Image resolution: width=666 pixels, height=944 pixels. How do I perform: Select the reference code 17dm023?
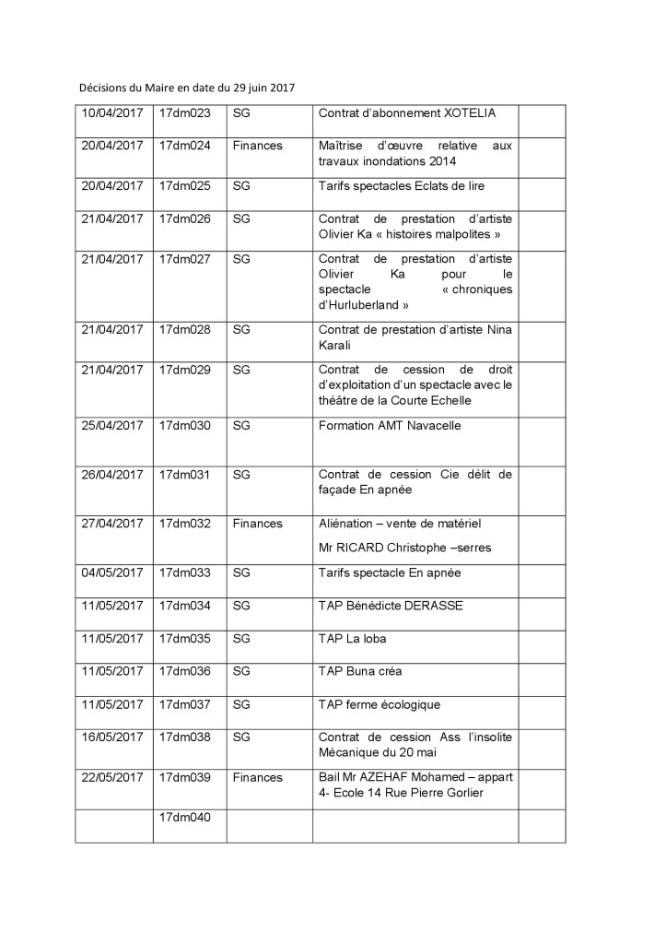tap(185, 113)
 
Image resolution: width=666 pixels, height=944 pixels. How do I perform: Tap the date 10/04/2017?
tap(113, 113)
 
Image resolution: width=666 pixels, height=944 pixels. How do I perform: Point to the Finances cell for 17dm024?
tap(258, 146)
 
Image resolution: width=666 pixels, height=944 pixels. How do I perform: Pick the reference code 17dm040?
tap(185, 817)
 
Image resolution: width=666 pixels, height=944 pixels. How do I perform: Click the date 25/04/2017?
tap(113, 426)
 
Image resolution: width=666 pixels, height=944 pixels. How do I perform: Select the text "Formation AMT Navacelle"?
tap(390, 426)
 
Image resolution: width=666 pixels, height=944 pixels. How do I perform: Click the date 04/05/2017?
tap(113, 572)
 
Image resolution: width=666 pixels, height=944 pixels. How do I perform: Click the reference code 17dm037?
tap(185, 704)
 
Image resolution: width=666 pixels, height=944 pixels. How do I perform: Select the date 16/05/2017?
tap(113, 737)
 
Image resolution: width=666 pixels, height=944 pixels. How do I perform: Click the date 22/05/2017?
tap(113, 777)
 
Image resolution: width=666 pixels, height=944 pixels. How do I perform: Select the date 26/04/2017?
tap(113, 475)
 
